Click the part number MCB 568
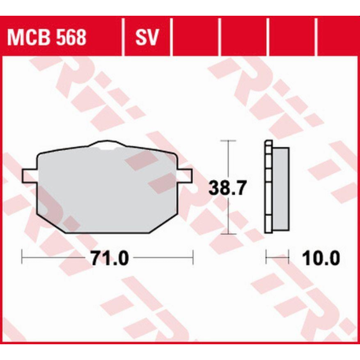click(x=46, y=37)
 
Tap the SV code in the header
click(x=147, y=37)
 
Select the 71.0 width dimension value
click(x=110, y=259)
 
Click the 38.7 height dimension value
click(x=227, y=188)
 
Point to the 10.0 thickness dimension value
click(x=321, y=259)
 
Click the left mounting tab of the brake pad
click(x=30, y=175)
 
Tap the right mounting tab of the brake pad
click(x=186, y=175)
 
